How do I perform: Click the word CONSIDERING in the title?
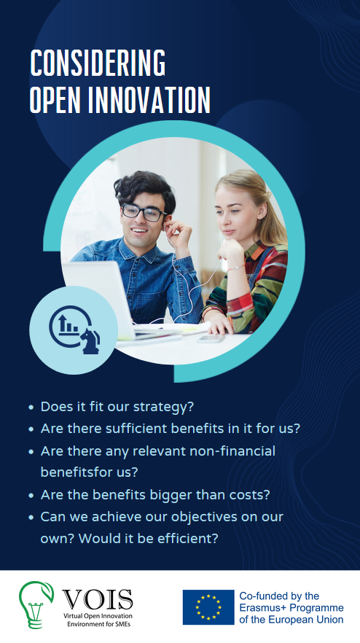[98, 63]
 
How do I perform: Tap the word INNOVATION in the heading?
[149, 100]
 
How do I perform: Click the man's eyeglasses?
[144, 212]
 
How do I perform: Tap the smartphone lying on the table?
[211, 339]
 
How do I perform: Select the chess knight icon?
[90, 341]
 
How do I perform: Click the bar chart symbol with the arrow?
[68, 324]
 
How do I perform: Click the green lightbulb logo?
[36, 604]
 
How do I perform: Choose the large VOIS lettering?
[98, 600]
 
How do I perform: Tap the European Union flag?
[208, 607]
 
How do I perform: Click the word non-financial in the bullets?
[232, 451]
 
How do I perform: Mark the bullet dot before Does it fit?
[31, 408]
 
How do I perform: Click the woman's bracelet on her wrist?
[236, 268]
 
